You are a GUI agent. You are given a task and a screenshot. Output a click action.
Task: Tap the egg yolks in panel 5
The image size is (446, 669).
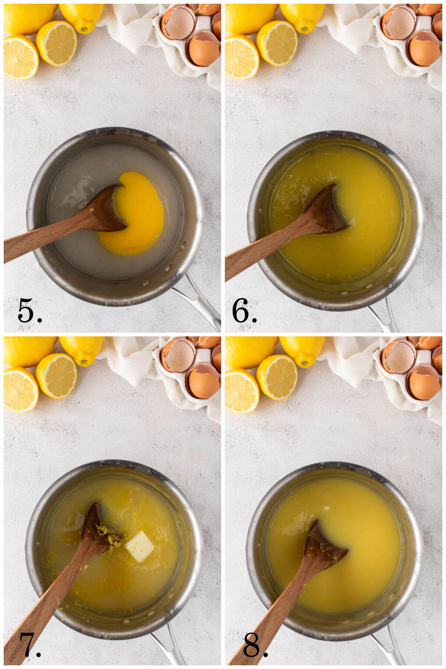coord(138,216)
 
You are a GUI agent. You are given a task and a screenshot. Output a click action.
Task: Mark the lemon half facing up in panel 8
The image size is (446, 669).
coord(277,377)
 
